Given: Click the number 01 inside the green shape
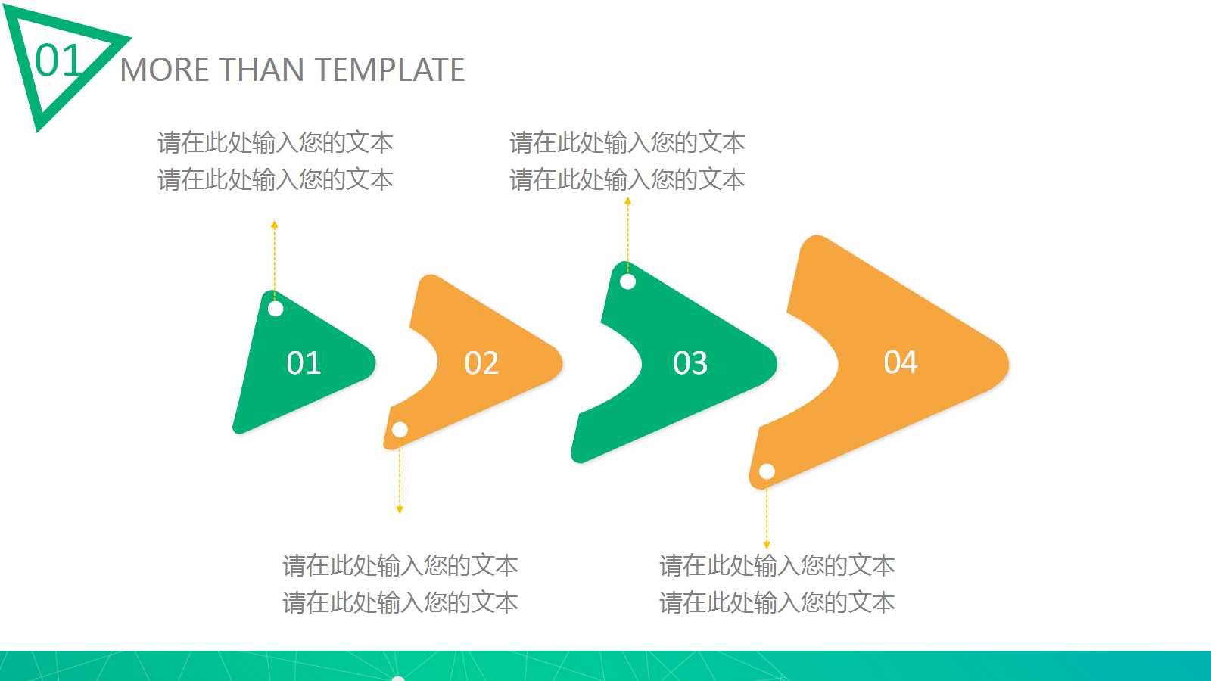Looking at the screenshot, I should pyautogui.click(x=304, y=363).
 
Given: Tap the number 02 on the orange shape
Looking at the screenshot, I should pyautogui.click(x=481, y=363).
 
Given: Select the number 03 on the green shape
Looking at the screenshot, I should pyautogui.click(x=690, y=363).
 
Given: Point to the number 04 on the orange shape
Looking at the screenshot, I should pyautogui.click(x=901, y=362).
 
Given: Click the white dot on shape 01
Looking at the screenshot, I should pyautogui.click(x=276, y=309).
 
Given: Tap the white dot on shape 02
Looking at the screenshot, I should pyautogui.click(x=400, y=430).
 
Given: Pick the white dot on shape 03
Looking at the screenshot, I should pyautogui.click(x=627, y=281).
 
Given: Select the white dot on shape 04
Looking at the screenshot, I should pyautogui.click(x=767, y=471).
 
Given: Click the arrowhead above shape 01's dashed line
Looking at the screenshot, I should pyautogui.click(x=275, y=225).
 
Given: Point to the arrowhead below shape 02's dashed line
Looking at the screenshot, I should pyautogui.click(x=400, y=509).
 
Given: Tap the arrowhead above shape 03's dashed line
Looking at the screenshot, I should pyautogui.click(x=627, y=201).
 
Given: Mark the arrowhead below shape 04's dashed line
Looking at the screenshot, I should pyautogui.click(x=767, y=544).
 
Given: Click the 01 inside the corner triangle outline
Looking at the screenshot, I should pyautogui.click(x=58, y=61).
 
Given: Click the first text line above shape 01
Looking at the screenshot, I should pyautogui.click(x=276, y=142).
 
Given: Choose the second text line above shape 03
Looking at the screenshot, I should pyautogui.click(x=627, y=179).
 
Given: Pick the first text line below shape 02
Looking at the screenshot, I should pyautogui.click(x=400, y=565).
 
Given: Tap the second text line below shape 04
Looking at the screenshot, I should pyautogui.click(x=777, y=602).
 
